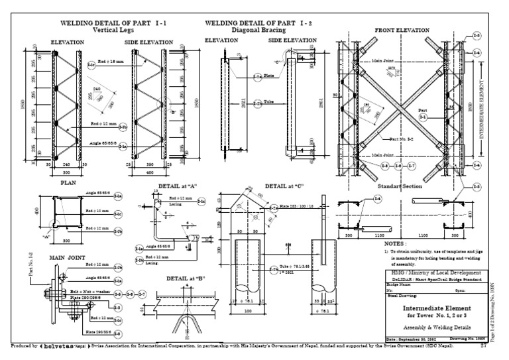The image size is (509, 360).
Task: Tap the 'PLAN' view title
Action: click(69, 180)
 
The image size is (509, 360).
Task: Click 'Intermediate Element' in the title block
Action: click(433, 308)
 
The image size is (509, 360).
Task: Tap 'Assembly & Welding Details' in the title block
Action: click(434, 327)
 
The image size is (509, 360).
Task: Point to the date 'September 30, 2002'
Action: click(410, 339)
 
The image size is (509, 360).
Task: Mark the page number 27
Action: click(483, 345)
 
